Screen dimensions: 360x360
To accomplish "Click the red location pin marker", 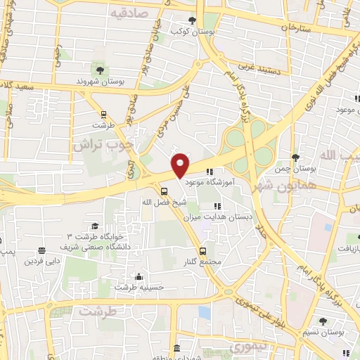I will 180,165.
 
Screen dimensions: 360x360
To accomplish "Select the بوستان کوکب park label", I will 193,32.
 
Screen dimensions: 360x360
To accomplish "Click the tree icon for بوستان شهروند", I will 101,70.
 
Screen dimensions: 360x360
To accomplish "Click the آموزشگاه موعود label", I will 214,181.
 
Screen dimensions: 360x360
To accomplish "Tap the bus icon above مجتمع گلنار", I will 202,250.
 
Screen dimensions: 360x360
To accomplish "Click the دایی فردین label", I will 41,261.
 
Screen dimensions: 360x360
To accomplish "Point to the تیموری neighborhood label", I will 247,347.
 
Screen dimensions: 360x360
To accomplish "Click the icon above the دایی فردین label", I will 41,250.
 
